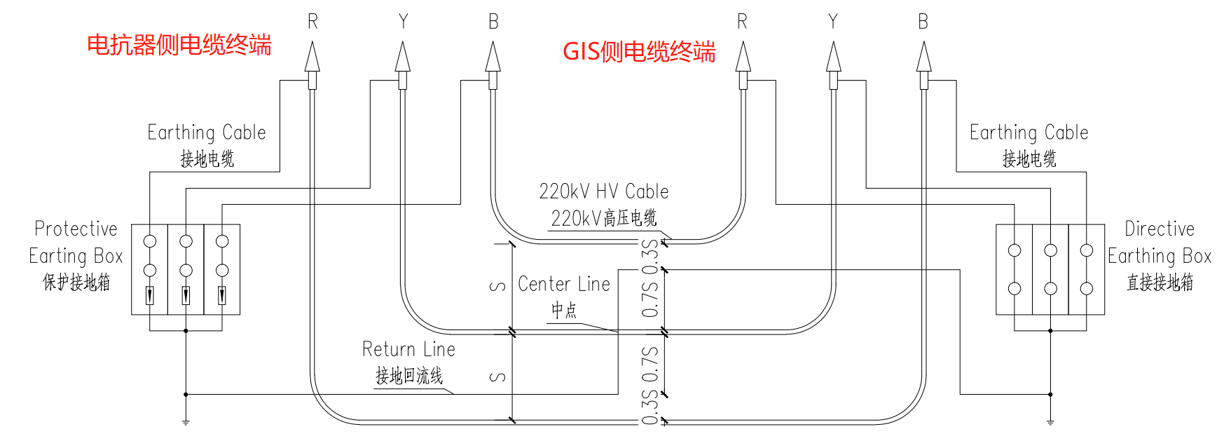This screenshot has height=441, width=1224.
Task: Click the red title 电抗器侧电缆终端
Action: pyautogui.click(x=179, y=46)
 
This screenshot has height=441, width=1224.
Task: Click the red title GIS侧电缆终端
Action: pyautogui.click(x=639, y=52)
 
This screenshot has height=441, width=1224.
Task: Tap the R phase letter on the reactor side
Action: pyautogui.click(x=312, y=22)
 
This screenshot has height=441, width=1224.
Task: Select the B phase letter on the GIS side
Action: pyautogui.click(x=923, y=22)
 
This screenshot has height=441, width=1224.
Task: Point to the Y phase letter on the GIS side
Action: pyautogui.click(x=832, y=22)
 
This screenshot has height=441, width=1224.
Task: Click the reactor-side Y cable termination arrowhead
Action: pyautogui.click(x=403, y=57)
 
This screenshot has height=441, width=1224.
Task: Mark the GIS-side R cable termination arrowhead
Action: pyautogui.click(x=743, y=57)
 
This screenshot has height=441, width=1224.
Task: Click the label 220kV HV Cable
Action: pyautogui.click(x=603, y=191)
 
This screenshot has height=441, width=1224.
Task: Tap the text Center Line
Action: pyautogui.click(x=564, y=284)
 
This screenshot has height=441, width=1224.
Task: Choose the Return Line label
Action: pyautogui.click(x=408, y=349)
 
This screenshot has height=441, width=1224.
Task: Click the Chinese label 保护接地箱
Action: pyautogui.click(x=76, y=283)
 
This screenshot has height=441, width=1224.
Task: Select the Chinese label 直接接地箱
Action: pyautogui.click(x=1160, y=283)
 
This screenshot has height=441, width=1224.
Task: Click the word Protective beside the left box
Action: pyautogui.click(x=76, y=229)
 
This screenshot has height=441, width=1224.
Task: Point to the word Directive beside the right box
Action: pyautogui.click(x=1159, y=229)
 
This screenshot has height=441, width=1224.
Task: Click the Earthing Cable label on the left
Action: pyautogui.click(x=207, y=133)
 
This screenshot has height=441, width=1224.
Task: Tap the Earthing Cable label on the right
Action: pyautogui.click(x=1029, y=133)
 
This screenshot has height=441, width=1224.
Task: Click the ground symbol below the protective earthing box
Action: pyautogui.click(x=186, y=422)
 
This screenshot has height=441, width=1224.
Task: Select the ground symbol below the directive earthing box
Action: pyautogui.click(x=1050, y=422)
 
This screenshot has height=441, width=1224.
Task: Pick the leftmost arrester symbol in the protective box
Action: pyautogui.click(x=150, y=296)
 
